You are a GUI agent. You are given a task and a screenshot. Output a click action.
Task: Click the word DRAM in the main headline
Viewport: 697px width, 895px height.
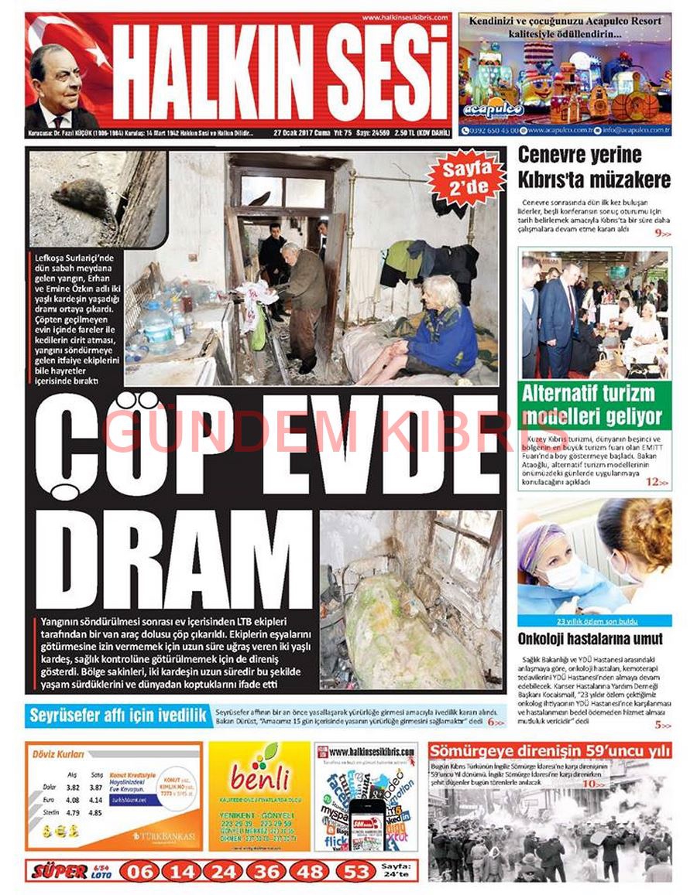tap(174, 559)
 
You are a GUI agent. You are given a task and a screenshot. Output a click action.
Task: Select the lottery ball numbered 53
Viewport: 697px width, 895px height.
tap(356, 871)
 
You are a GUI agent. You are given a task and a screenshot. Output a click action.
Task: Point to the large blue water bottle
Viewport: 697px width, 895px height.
tap(157, 326)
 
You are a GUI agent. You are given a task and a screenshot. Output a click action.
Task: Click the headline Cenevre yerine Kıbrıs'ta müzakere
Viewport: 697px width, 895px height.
tap(593, 167)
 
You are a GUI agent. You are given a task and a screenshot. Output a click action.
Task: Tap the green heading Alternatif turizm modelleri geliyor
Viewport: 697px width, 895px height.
tap(593, 404)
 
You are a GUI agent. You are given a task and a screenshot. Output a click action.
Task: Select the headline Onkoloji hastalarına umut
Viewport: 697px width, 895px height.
tap(590, 639)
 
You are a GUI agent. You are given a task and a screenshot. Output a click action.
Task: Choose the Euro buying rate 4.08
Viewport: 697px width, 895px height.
tap(73, 800)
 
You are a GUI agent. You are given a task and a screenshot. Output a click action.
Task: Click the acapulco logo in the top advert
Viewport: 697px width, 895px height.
tap(493, 110)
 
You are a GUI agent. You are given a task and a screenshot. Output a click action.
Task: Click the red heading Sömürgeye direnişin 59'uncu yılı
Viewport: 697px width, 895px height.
tap(550, 751)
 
